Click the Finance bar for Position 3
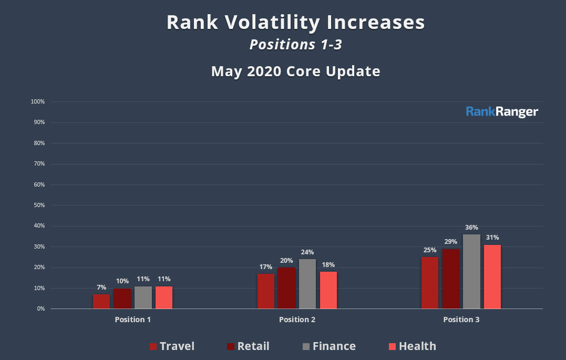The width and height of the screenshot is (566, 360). [471, 272]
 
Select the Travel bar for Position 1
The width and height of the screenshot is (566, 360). [101, 301]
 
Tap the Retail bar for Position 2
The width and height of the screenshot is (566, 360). [286, 288]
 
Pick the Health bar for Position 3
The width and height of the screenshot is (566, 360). [492, 277]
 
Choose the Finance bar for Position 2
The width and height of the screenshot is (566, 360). [307, 284]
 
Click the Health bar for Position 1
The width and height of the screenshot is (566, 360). [164, 297]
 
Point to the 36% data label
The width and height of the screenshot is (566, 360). [471, 228]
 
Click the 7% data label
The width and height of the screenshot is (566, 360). [101, 287]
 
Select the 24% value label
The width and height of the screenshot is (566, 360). [307, 252]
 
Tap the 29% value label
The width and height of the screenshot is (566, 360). [450, 242]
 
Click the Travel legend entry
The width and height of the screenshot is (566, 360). [172, 346]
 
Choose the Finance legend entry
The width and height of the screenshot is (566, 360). [329, 346]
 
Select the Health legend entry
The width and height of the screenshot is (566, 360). [412, 346]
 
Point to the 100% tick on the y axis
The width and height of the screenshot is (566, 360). [38, 101]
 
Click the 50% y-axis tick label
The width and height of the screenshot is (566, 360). [39, 205]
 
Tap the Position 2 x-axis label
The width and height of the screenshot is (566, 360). [297, 320]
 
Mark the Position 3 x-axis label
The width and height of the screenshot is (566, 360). [461, 320]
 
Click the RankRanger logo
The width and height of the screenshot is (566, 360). [502, 112]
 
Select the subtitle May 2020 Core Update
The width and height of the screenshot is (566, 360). [295, 71]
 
